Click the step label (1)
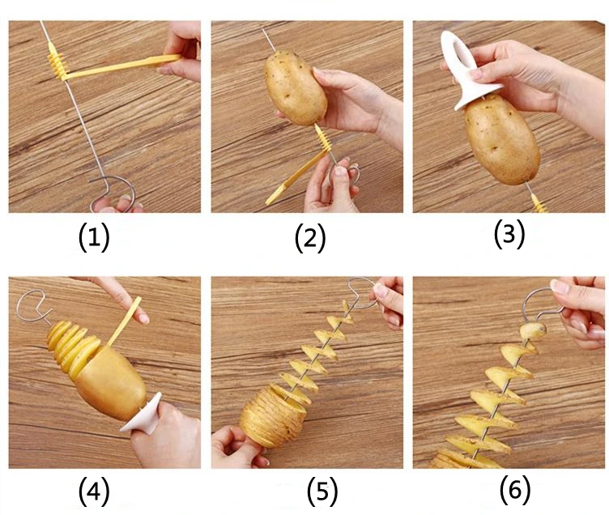pyautogui.click(x=94, y=238)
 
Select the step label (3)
pyautogui.click(x=509, y=234)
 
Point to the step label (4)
pyautogui.click(x=94, y=492)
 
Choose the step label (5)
pyautogui.click(x=322, y=492)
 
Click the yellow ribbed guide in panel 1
pyautogui.click(x=57, y=62)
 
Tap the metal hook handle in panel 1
pyautogui.click(x=113, y=190)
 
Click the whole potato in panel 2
pyautogui.click(x=296, y=88)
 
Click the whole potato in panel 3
pyautogui.click(x=502, y=140)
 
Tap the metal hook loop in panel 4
pyautogui.click(x=33, y=307)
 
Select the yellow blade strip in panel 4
pyautogui.click(x=124, y=321)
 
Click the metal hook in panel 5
pyautogui.click(x=362, y=292)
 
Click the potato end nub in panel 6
pyautogui.click(x=533, y=331)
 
